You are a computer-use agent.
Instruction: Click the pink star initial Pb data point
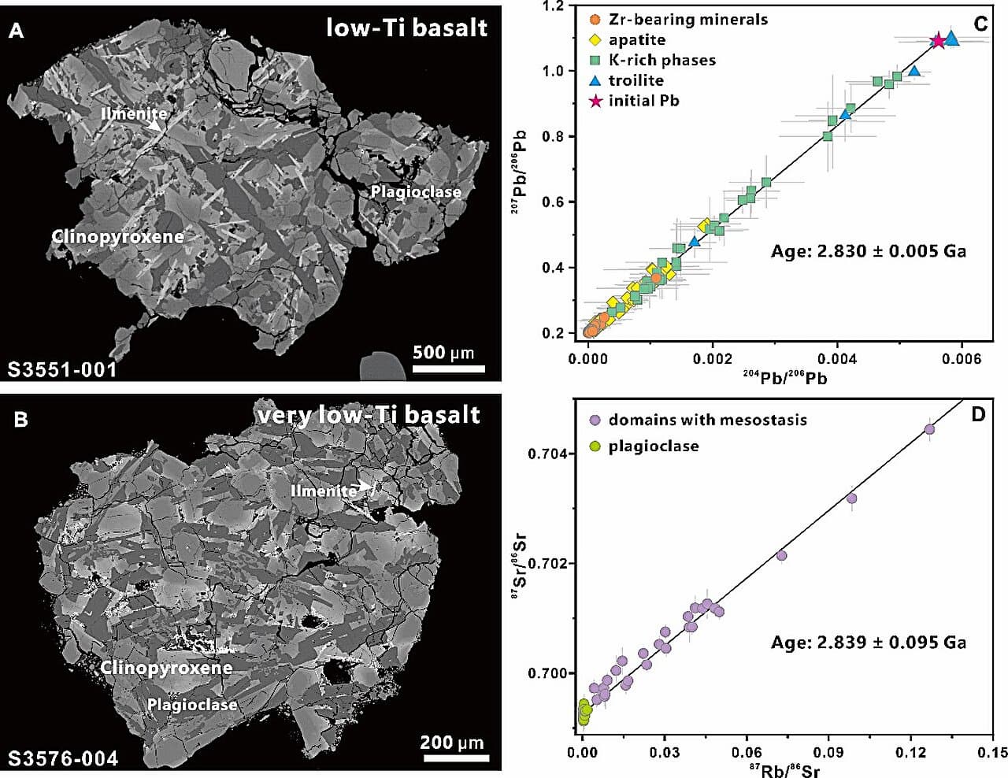[x=938, y=40]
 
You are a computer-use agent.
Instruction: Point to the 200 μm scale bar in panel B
[x=452, y=758]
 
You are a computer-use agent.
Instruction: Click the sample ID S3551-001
[x=62, y=369]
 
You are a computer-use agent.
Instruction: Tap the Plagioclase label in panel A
[x=416, y=191]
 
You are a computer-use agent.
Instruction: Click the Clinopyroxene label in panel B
[x=166, y=668]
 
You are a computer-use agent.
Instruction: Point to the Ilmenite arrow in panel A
[x=160, y=124]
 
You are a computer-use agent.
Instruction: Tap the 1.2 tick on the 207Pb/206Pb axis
[x=554, y=7]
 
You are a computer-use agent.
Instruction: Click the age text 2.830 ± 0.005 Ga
[x=868, y=251]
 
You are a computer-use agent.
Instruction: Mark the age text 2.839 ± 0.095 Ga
[x=868, y=642]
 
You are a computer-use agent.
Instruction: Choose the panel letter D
[x=978, y=413]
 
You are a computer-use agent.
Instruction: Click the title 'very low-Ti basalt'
[x=368, y=414]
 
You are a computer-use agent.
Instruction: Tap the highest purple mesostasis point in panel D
[x=929, y=429]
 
